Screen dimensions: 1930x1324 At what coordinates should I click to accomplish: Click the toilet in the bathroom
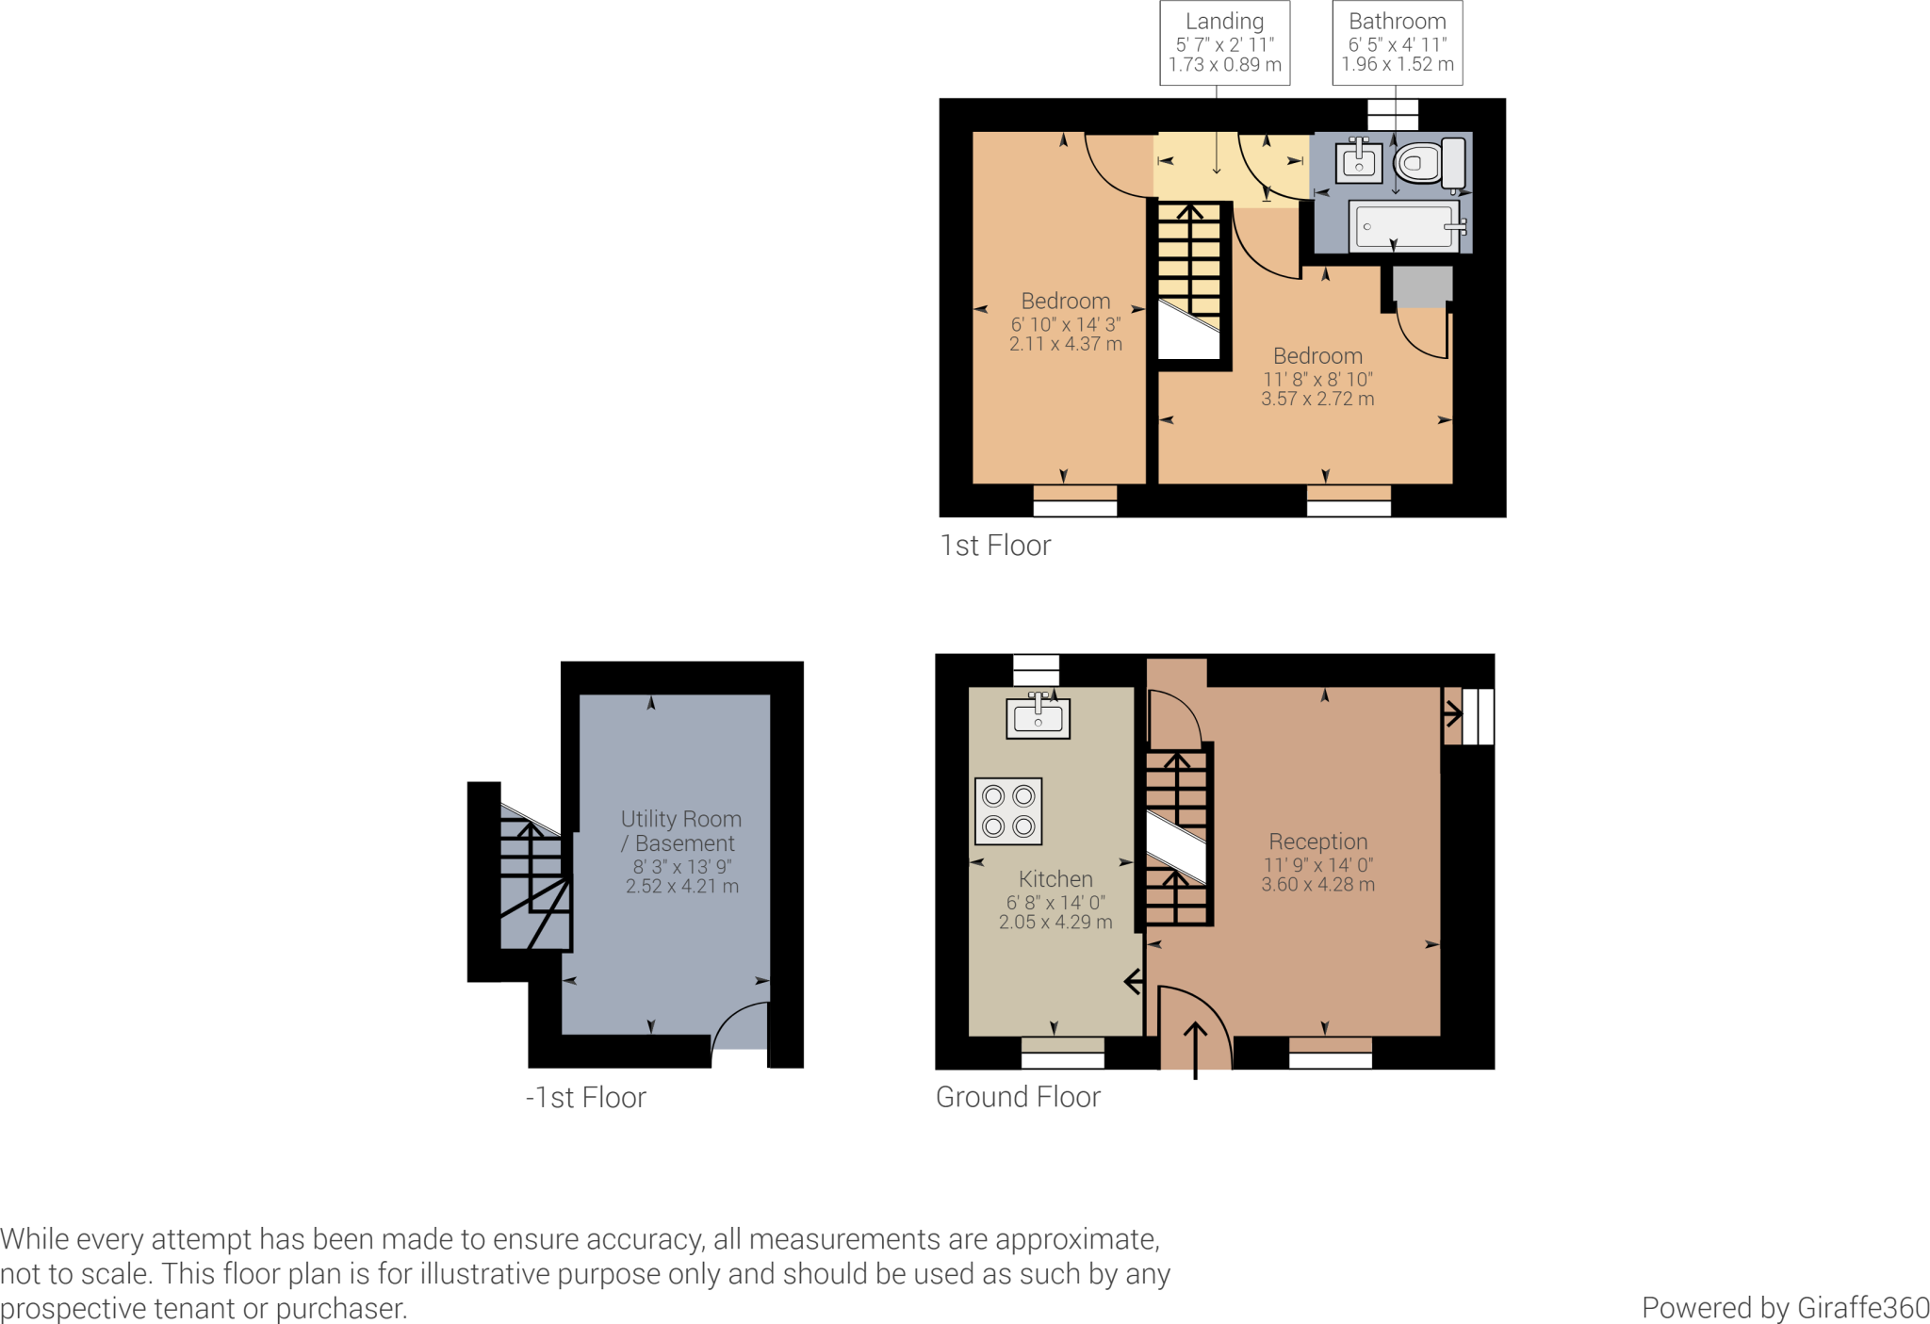1429,163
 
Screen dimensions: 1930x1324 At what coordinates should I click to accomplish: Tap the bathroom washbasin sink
1359,161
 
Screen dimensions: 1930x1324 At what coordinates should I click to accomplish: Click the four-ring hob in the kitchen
1008,810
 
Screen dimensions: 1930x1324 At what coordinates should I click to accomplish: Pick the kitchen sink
1038,716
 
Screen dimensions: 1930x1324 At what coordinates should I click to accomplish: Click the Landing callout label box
1225,43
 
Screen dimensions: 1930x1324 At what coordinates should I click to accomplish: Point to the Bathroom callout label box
1398,43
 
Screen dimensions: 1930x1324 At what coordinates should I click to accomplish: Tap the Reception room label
1317,842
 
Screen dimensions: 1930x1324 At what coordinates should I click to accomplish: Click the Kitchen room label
1055,879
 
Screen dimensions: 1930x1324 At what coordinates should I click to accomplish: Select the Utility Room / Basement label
681,831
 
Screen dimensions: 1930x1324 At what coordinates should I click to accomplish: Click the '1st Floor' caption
995,546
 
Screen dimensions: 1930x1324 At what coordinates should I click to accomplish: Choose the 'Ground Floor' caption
1018,1097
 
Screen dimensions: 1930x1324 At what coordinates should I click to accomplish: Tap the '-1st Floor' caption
586,1098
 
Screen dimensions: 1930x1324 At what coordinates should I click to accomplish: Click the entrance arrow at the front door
1195,1050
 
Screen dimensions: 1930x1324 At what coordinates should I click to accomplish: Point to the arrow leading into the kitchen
1134,982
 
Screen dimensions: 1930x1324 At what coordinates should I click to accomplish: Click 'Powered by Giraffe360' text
1786,1308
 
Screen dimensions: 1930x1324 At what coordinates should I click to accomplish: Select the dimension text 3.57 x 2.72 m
1317,399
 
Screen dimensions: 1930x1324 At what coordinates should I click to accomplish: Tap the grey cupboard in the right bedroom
1422,286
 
